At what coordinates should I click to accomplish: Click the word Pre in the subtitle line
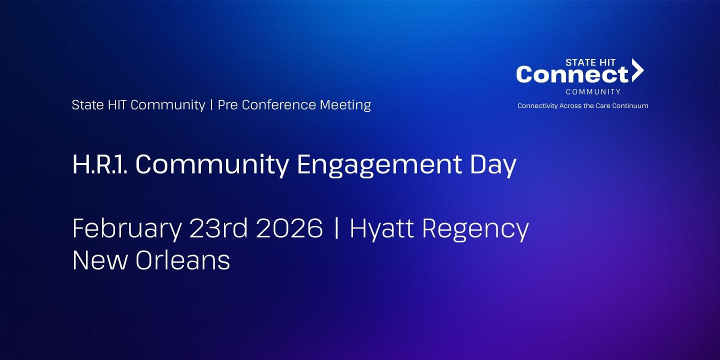click(227, 105)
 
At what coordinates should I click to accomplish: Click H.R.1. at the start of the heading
click(99, 164)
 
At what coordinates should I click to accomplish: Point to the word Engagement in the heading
click(378, 165)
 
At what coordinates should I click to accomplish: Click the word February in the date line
click(127, 229)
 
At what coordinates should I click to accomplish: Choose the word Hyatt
click(381, 229)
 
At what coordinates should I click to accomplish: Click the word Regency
click(475, 229)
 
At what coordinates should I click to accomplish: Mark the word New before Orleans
click(100, 260)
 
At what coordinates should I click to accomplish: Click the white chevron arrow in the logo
click(637, 70)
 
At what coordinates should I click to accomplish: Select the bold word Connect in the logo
click(572, 75)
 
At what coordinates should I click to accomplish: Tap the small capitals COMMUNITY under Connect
click(593, 92)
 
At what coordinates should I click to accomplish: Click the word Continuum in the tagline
click(632, 106)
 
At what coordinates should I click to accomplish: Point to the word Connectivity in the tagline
click(537, 106)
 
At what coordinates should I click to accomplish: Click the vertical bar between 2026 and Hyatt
click(336, 229)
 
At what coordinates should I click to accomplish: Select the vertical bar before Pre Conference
click(211, 105)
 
